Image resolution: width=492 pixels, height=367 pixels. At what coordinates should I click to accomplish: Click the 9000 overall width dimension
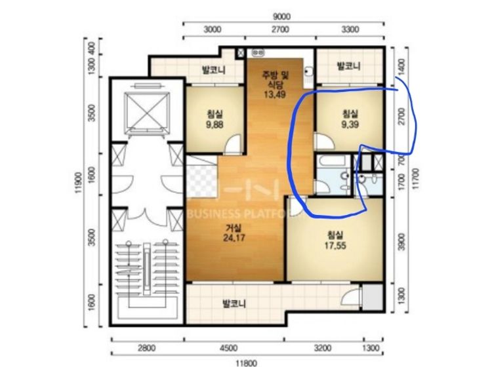pyautogui.click(x=281, y=16)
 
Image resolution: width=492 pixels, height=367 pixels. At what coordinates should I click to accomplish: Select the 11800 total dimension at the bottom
pyautogui.click(x=246, y=363)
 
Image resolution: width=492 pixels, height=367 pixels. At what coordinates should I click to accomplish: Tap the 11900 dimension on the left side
pyautogui.click(x=79, y=183)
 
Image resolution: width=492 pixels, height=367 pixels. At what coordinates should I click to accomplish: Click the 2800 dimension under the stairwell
pyautogui.click(x=147, y=348)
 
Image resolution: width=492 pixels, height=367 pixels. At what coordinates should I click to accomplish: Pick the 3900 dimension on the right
pyautogui.click(x=401, y=241)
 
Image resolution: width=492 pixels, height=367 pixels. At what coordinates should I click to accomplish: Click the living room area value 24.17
pyautogui.click(x=234, y=238)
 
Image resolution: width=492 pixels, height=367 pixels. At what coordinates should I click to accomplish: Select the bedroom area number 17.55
pyautogui.click(x=335, y=245)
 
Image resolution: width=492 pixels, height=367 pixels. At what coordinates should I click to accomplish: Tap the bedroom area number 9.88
pyautogui.click(x=215, y=125)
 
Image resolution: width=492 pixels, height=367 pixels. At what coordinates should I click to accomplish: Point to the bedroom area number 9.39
pyautogui.click(x=350, y=125)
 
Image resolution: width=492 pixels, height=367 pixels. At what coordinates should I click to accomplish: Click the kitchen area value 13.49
pyautogui.click(x=275, y=94)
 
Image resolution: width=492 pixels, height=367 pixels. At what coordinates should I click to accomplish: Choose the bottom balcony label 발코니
pyautogui.click(x=234, y=303)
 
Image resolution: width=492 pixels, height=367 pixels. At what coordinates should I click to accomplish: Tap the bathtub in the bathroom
pyautogui.click(x=331, y=161)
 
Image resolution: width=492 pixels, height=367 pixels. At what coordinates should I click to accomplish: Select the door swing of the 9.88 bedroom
pyautogui.click(x=234, y=144)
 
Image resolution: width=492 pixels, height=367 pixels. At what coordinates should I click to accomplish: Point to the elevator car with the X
pyautogui.click(x=147, y=111)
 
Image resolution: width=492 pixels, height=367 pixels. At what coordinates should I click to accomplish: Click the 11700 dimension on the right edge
pyautogui.click(x=416, y=179)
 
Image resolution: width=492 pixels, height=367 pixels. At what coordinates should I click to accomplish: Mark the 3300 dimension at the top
pyautogui.click(x=350, y=29)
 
